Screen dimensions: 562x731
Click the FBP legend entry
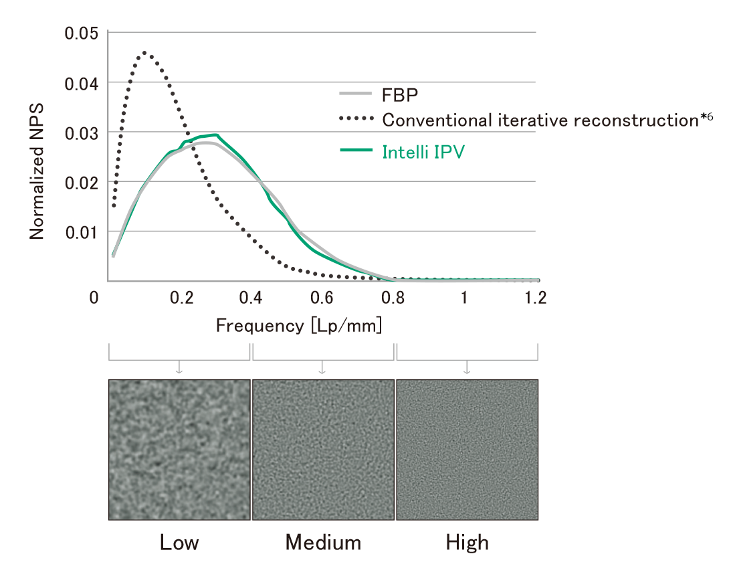point(400,95)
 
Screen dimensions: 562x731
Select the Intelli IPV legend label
point(423,152)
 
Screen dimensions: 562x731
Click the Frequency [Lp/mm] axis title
point(299,326)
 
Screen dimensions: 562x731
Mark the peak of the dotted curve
point(144,52)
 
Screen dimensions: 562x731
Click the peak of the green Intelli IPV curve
point(215,134)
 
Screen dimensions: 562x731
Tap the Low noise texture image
point(179,450)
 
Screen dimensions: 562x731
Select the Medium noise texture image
point(323,450)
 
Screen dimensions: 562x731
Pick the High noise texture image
point(467,450)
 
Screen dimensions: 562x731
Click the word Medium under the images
point(323,542)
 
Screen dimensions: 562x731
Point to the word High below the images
point(467,542)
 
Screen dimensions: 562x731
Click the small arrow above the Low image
point(179,368)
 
